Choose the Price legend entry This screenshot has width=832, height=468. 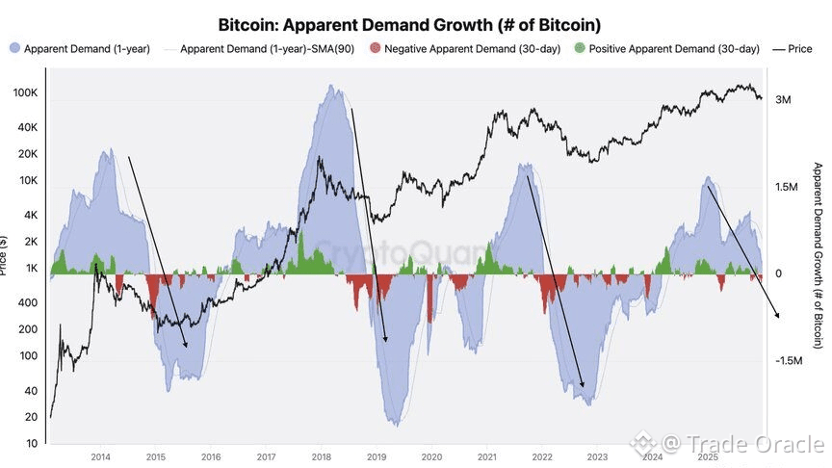(x=798, y=48)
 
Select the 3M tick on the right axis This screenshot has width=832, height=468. (x=783, y=100)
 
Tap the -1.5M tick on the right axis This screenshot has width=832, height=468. (x=790, y=360)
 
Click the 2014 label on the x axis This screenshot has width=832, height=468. (x=100, y=457)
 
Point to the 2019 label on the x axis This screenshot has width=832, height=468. (x=377, y=457)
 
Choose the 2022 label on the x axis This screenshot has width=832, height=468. (x=542, y=457)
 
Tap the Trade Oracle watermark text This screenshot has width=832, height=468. (x=742, y=443)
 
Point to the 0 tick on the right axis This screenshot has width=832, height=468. (x=778, y=273)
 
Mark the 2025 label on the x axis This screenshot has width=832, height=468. (x=708, y=457)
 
